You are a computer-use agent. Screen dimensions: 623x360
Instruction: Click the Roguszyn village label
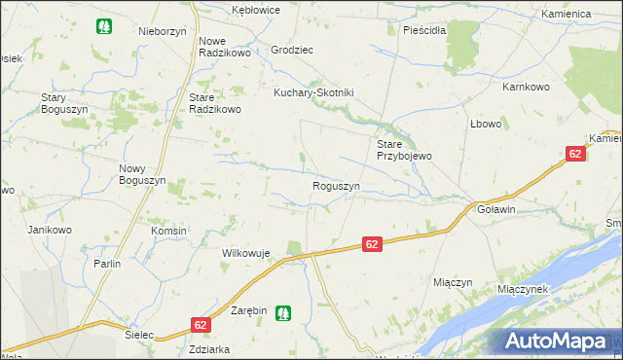click(336, 186)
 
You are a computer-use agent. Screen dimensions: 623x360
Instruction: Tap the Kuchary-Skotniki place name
click(312, 92)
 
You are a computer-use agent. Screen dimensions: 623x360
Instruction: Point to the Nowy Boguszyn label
click(138, 174)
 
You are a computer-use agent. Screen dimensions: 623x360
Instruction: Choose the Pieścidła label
click(424, 30)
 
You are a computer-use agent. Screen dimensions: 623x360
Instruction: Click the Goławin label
click(495, 209)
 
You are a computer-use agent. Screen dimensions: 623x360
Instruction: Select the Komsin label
click(168, 231)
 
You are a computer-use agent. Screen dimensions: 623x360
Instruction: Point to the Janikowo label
click(50, 230)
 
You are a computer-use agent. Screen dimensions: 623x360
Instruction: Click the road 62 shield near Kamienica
click(575, 154)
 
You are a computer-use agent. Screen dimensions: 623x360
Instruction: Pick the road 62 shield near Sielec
click(200, 325)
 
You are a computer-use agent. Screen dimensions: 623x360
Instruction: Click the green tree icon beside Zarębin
click(282, 312)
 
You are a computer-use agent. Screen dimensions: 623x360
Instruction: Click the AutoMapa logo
click(559, 341)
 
